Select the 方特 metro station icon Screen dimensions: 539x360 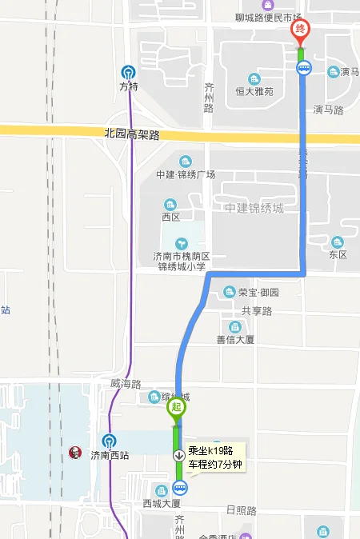click(129, 72)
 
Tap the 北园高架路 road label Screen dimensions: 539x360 click(132, 134)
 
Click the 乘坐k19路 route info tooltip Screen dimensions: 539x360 click(215, 457)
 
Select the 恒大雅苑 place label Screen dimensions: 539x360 click(254, 92)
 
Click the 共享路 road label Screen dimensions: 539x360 click(257, 310)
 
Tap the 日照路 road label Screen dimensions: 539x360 click(241, 510)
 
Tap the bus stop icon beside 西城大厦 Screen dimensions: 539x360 click(180, 487)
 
